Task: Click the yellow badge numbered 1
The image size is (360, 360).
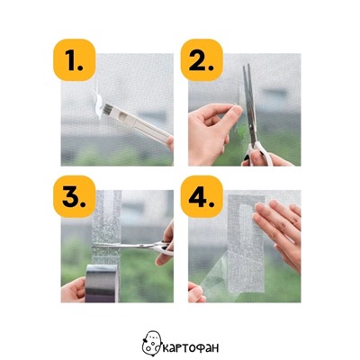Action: click(75, 60)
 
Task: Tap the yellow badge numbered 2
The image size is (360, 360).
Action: click(202, 60)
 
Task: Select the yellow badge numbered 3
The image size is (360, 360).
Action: click(75, 196)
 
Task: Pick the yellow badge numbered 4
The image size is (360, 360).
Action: click(202, 196)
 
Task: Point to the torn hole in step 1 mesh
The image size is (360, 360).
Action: click(98, 102)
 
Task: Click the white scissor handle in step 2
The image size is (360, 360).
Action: click(259, 155)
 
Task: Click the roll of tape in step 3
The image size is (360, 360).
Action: click(101, 283)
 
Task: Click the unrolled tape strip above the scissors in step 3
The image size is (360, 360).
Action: click(106, 216)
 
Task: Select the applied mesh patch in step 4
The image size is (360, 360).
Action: click(246, 244)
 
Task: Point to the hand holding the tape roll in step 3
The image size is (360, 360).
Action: click(73, 290)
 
